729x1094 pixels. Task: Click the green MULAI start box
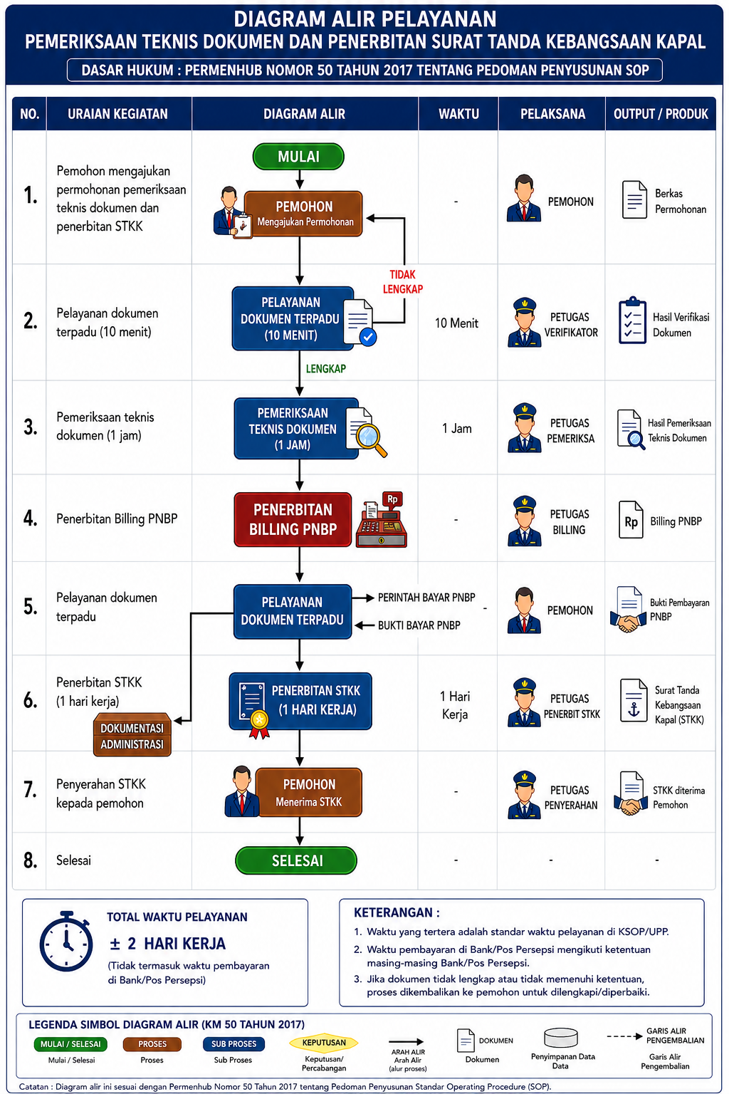pyautogui.click(x=298, y=156)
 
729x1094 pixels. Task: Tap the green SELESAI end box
pyautogui.click(x=296, y=860)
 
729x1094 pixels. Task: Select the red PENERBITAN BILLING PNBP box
pyautogui.click(x=293, y=519)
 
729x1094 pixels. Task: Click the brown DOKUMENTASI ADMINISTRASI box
pyautogui.click(x=132, y=735)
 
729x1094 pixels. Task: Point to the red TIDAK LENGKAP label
pyautogui.click(x=402, y=282)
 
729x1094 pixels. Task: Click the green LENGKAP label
pyautogui.click(x=325, y=369)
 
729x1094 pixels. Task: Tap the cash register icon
pyautogui.click(x=382, y=519)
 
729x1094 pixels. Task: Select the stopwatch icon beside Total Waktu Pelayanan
pyautogui.click(x=66, y=941)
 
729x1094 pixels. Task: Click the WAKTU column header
pyautogui.click(x=458, y=114)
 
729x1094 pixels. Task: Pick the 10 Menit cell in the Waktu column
pyautogui.click(x=456, y=323)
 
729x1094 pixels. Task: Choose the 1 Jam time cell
pyautogui.click(x=456, y=428)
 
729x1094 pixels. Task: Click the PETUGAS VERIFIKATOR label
pyautogui.click(x=571, y=325)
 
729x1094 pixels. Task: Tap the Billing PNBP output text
pyautogui.click(x=676, y=521)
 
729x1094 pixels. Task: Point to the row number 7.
pyautogui.click(x=30, y=789)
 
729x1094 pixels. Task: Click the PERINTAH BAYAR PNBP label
pyautogui.click(x=426, y=598)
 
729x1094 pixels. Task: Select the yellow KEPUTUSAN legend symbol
pyautogui.click(x=324, y=1043)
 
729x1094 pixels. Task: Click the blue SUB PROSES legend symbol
pyautogui.click(x=234, y=1043)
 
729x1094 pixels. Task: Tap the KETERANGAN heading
pyautogui.click(x=397, y=912)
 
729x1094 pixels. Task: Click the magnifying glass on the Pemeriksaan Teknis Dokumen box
pyautogui.click(x=371, y=439)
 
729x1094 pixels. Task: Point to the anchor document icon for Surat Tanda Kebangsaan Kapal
pyautogui.click(x=634, y=700)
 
